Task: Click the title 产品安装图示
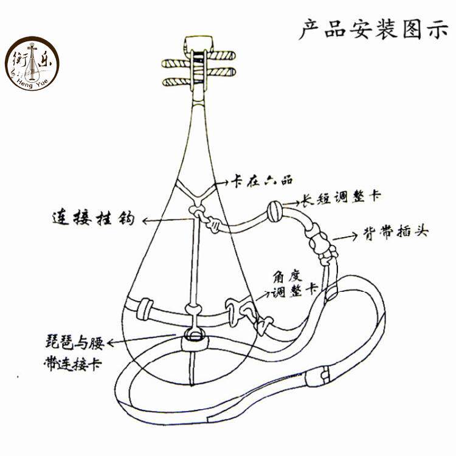click(x=374, y=29)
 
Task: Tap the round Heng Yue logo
click(x=32, y=63)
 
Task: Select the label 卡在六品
click(x=261, y=181)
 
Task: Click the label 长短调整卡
click(x=340, y=198)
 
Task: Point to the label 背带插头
click(x=396, y=232)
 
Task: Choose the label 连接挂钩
click(x=94, y=218)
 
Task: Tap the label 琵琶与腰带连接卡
click(x=74, y=353)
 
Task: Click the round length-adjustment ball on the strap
click(x=275, y=212)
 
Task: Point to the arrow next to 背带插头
click(x=345, y=237)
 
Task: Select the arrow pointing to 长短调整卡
click(x=291, y=203)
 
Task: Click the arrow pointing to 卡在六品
click(x=222, y=183)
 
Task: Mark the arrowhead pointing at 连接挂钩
click(x=145, y=221)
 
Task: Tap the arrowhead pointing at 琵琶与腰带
click(x=111, y=343)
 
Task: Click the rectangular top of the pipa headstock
click(x=199, y=44)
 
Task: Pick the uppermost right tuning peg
click(x=221, y=55)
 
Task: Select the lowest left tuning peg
click(x=176, y=82)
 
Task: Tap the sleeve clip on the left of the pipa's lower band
click(x=144, y=309)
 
